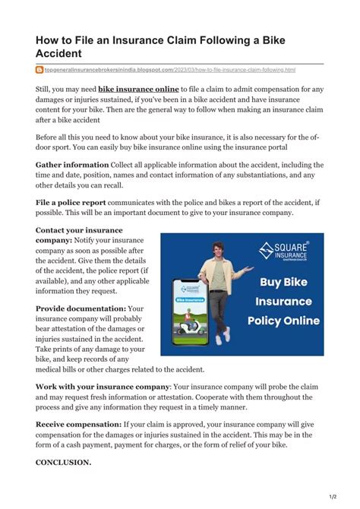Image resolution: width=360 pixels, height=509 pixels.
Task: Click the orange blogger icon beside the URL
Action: (x=39, y=70)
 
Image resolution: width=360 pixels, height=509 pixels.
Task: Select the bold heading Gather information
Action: (x=72, y=164)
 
